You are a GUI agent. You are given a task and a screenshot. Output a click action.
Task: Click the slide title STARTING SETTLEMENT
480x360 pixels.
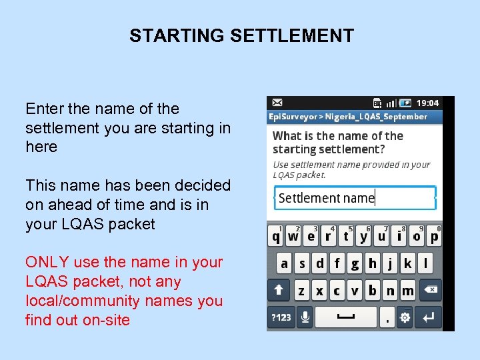click(241, 35)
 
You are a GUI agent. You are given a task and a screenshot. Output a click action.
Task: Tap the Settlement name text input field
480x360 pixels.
click(355, 198)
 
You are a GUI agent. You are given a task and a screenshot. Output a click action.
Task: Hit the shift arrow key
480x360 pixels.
click(279, 290)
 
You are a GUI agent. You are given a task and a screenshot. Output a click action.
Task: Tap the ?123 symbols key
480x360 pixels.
click(281, 317)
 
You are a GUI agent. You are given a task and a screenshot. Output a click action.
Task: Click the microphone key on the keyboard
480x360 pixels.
click(305, 317)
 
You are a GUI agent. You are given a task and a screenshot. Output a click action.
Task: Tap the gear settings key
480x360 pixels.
click(405, 318)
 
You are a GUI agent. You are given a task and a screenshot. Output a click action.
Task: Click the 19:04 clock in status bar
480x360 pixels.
click(427, 103)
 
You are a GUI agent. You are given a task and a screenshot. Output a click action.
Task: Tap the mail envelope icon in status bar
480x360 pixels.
click(277, 103)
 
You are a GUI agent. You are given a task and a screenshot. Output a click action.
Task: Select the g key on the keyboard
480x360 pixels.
click(355, 263)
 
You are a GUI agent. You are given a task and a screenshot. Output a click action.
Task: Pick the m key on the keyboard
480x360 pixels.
click(407, 290)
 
